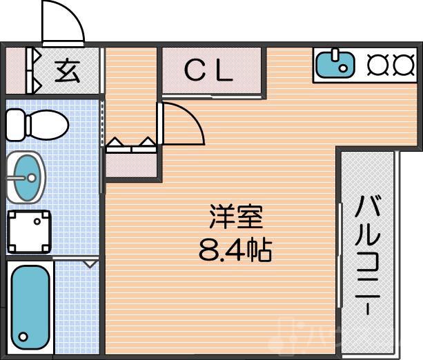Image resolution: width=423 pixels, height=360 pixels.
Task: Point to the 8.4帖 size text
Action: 235,248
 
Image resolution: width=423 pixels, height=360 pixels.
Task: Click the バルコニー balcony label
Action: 369,255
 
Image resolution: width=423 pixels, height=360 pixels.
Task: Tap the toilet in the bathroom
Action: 38,126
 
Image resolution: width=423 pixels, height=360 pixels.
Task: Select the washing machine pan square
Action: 29,230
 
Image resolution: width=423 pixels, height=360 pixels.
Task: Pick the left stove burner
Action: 377,64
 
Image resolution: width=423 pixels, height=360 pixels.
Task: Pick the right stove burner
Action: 402,64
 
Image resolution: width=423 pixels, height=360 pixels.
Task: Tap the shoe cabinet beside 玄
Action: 32,69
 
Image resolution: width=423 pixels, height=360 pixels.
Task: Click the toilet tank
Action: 16,125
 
